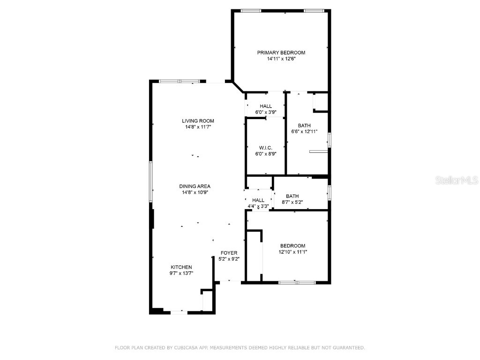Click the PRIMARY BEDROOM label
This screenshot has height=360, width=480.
point(281,52)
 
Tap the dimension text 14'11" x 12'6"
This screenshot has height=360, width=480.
point(281,59)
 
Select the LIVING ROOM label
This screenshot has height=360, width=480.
point(198,121)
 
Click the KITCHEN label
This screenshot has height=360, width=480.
point(181,267)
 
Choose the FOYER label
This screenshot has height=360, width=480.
point(229,253)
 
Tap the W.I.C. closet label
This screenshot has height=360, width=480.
point(265,148)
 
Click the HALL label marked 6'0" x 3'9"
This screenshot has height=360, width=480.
point(265,106)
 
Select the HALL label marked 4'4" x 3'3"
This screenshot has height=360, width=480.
point(258,200)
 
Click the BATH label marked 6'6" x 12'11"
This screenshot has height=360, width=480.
point(304,126)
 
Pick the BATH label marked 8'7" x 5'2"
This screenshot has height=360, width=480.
point(292,196)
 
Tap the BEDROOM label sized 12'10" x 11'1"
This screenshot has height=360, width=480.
point(292,246)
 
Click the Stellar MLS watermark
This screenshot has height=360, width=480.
point(456,180)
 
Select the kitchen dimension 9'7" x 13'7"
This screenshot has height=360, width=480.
point(181,273)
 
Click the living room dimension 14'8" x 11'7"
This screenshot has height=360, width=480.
point(198,127)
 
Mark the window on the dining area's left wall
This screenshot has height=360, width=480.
point(151,182)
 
